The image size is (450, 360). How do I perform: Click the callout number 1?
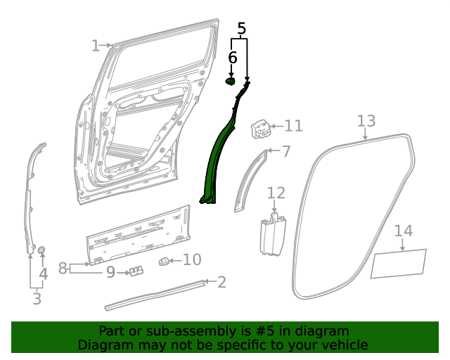coord(96,46)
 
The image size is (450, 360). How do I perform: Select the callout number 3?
coord(37,299)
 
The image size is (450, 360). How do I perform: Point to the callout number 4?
coord(43,274)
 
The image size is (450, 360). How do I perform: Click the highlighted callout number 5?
coord(241,29)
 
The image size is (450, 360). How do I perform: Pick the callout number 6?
coord(232,58)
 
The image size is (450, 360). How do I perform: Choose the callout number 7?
coord(285,151)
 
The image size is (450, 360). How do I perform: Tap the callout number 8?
coord(63,268)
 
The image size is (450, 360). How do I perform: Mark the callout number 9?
coord(110,271)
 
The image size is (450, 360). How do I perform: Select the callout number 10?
coord(192,259)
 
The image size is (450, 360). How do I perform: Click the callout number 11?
coord(293,126)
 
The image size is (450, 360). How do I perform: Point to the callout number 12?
coord(276,193)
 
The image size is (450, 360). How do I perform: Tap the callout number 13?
coord(366,120)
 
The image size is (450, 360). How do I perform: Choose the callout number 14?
coord(403,231)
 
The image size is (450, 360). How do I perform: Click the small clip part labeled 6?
coord(231,82)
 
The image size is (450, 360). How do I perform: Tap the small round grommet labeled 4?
coord(41,250)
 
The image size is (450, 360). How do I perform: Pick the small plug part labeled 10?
coord(164,262)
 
